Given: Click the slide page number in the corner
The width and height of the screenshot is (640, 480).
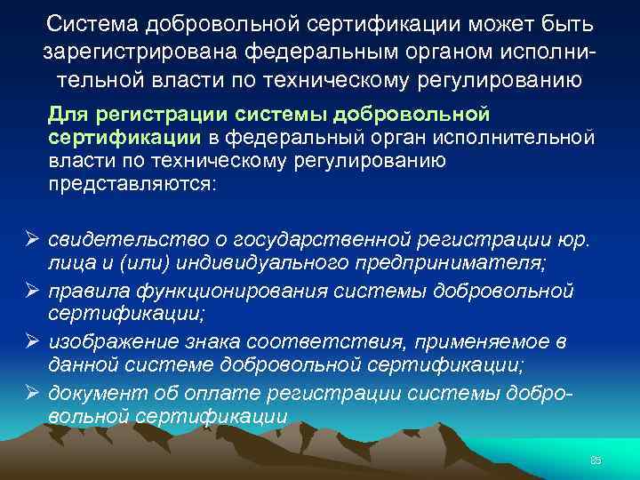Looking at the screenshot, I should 596,460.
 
